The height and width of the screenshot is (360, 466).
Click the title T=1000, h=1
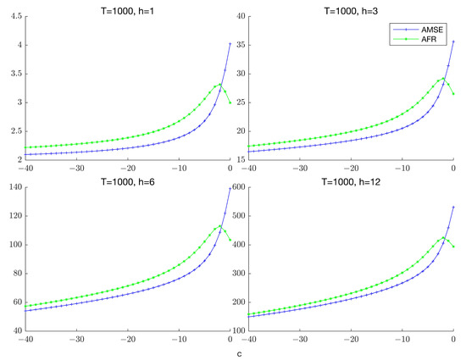coord(130,8)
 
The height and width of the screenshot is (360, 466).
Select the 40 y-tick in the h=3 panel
coord(245,18)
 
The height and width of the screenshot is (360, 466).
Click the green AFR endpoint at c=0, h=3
coord(453,93)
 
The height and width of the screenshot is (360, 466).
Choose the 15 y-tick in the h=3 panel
coord(245,159)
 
